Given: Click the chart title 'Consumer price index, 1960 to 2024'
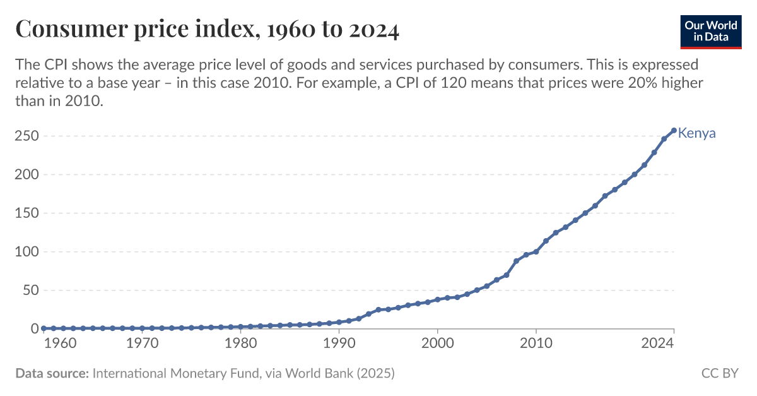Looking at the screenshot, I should point(207,30).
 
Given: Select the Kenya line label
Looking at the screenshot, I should point(696,133).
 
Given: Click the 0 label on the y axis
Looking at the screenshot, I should point(34,329).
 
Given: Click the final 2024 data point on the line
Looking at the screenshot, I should point(674,131).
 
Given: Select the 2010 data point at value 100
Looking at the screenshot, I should point(536,251).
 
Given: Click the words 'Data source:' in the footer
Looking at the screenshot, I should point(52,373).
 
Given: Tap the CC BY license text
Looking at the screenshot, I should point(719,373).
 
